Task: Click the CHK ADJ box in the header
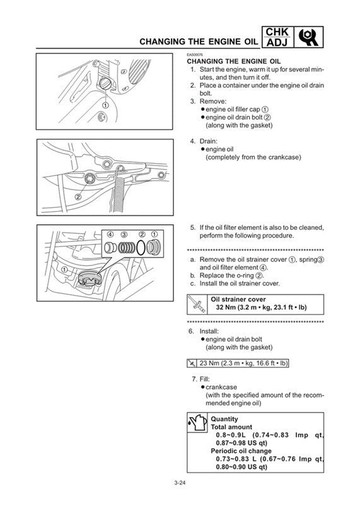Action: [x=277, y=37]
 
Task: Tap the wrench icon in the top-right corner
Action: [x=309, y=37]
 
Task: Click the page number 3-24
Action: [x=180, y=483]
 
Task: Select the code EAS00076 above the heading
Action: [x=194, y=55]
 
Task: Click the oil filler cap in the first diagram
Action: [x=105, y=83]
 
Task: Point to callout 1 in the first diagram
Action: [x=105, y=105]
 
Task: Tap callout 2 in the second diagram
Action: [x=78, y=197]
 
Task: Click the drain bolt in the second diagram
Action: [x=90, y=178]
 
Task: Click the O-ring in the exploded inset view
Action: [x=141, y=248]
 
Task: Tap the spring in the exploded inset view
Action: [x=126, y=248]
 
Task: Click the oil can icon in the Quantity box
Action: [x=197, y=423]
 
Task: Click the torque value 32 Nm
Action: [x=226, y=307]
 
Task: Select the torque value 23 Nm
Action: [x=209, y=363]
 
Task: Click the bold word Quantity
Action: [x=224, y=419]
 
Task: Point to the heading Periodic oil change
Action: [x=241, y=451]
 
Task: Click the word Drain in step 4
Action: [x=207, y=141]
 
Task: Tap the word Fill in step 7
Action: [x=204, y=379]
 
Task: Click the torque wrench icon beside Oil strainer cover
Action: [x=197, y=304]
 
